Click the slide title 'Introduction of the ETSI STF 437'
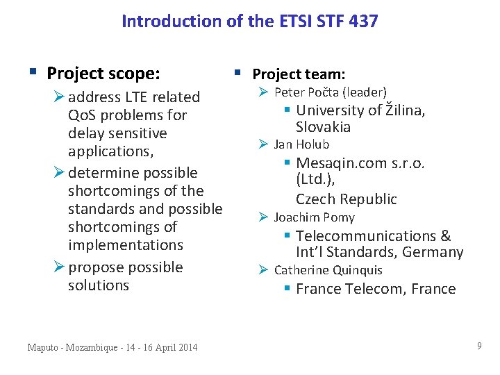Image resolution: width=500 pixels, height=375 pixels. (250, 22)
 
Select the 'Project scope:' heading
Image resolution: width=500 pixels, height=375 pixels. (103, 73)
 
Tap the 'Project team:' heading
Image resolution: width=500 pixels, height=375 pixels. (299, 74)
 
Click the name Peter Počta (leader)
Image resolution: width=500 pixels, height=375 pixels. (331, 92)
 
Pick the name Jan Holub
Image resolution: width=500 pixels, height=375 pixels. (301, 144)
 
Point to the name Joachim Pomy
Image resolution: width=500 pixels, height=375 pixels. (314, 217)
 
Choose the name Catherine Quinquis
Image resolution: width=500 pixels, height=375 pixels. (328, 270)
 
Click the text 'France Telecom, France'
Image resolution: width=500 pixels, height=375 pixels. (376, 289)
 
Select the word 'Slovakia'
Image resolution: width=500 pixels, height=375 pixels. (323, 127)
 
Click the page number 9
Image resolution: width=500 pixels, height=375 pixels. (479, 345)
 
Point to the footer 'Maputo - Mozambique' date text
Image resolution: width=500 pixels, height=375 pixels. (112, 347)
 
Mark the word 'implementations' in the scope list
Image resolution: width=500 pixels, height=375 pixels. (125, 245)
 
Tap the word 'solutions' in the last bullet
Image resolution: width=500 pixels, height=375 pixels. (99, 285)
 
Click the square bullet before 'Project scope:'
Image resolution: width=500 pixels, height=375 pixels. (33, 72)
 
